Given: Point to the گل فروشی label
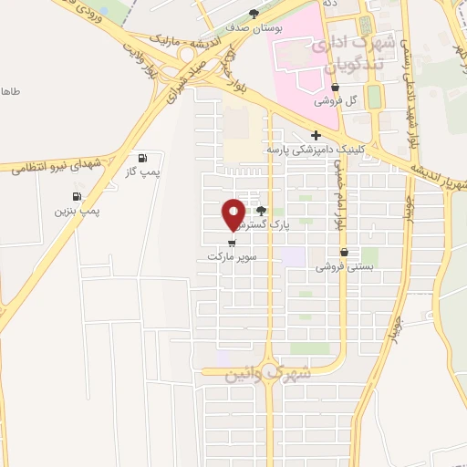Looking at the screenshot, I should click(336, 101).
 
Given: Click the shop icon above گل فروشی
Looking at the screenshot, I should click(336, 88).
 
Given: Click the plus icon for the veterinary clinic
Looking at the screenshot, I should click(316, 135).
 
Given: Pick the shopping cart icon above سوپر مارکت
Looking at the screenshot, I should click(232, 244).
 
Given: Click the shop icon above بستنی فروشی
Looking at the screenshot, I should click(344, 253).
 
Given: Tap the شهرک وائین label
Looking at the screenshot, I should click(269, 373).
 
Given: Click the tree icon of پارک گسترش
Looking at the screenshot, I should click(262, 210).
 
